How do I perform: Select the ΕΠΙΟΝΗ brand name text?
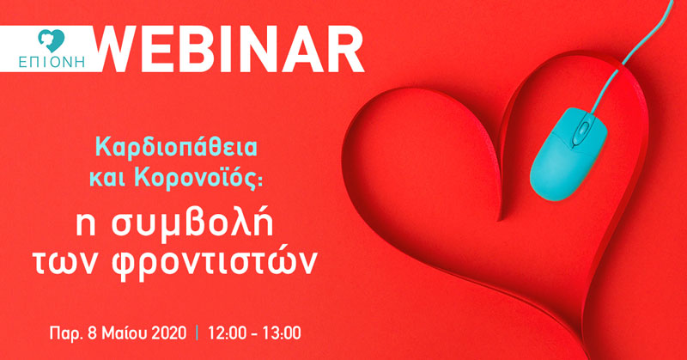pyautogui.click(x=52, y=62)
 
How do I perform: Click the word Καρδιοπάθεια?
pyautogui.click(x=176, y=148)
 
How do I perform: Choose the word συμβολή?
pyautogui.click(x=192, y=224)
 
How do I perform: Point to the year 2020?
pyautogui.click(x=168, y=333)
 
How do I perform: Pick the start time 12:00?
pyautogui.click(x=227, y=333)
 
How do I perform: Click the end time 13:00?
pyautogui.click(x=282, y=333)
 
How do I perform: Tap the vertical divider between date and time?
pyautogui.click(x=197, y=333)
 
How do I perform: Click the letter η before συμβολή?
pyautogui.click(x=86, y=227)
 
